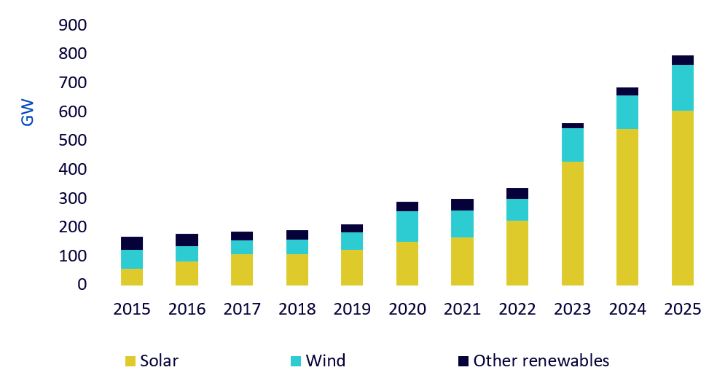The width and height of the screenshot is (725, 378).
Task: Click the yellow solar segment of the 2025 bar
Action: click(683, 198)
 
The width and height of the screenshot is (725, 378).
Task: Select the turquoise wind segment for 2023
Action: click(573, 145)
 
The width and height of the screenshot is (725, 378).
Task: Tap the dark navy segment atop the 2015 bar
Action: click(132, 243)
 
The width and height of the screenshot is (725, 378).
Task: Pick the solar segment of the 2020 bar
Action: click(407, 264)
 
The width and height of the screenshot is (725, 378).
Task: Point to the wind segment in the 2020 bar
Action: click(407, 227)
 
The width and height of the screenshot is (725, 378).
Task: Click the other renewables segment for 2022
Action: click(517, 194)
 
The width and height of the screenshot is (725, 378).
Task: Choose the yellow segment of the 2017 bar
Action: click(242, 270)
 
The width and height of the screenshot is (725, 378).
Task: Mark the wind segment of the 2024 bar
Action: click(627, 112)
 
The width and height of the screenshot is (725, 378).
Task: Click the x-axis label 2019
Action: click(352, 309)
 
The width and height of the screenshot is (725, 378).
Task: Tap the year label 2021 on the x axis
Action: click(463, 309)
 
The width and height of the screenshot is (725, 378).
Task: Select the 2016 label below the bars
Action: click(187, 309)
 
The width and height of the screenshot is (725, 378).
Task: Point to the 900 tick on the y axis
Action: click(73, 25)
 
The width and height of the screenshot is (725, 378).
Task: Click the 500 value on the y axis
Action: click(73, 141)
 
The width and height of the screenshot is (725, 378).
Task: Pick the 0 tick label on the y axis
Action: click(82, 284)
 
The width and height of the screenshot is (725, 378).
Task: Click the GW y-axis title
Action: click(27, 112)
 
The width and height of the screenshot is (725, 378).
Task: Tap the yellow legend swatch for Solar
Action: click(130, 361)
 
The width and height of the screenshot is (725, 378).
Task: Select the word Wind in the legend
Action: click(326, 361)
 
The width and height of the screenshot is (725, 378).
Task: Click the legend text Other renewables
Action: click(541, 361)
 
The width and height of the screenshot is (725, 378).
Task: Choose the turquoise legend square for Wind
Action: click(296, 361)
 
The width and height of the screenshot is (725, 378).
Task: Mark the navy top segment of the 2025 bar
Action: click(683, 60)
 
